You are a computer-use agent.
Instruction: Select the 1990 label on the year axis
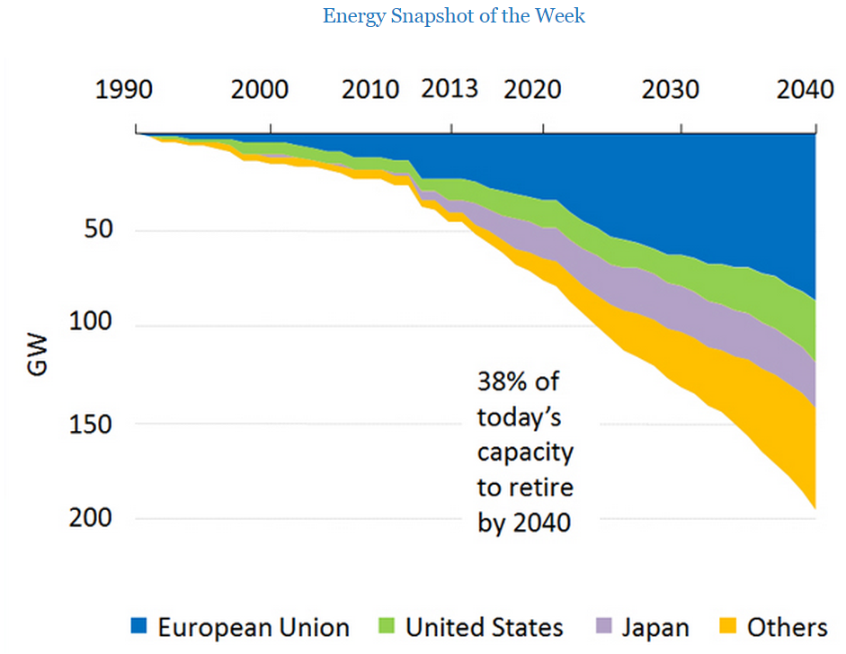point(125,90)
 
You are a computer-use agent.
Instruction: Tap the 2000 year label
point(260,90)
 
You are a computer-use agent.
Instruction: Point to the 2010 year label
point(370,90)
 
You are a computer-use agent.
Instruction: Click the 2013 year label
point(450,89)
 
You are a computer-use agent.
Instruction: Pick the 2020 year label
point(532,90)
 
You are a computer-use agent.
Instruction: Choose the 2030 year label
point(670,90)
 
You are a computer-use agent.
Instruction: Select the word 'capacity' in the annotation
point(524,452)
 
